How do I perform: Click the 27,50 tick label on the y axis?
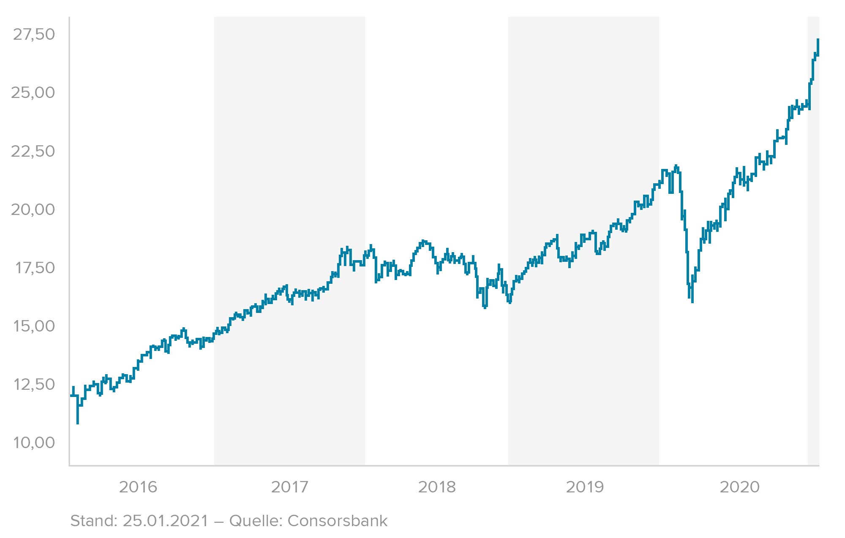pos(34,35)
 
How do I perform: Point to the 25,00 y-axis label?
pos(33,93)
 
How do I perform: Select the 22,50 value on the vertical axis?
pos(33,151)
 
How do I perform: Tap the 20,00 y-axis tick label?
pos(33,209)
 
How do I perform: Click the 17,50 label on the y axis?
pos(35,268)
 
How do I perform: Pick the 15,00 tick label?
pos(34,326)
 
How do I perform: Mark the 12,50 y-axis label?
pos(34,384)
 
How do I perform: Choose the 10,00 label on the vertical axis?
pos(34,443)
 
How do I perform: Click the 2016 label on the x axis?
pos(138,487)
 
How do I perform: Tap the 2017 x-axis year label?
pos(289,487)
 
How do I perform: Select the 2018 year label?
pos(437,487)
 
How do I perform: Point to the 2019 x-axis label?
pos(585,487)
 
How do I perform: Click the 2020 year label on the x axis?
pos(739,487)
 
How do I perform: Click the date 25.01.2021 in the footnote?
pos(166,521)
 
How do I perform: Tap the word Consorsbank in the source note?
pos(337,521)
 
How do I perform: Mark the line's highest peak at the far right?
pos(818,40)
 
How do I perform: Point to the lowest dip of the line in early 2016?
pos(78,423)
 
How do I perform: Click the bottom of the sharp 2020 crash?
pos(692,302)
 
